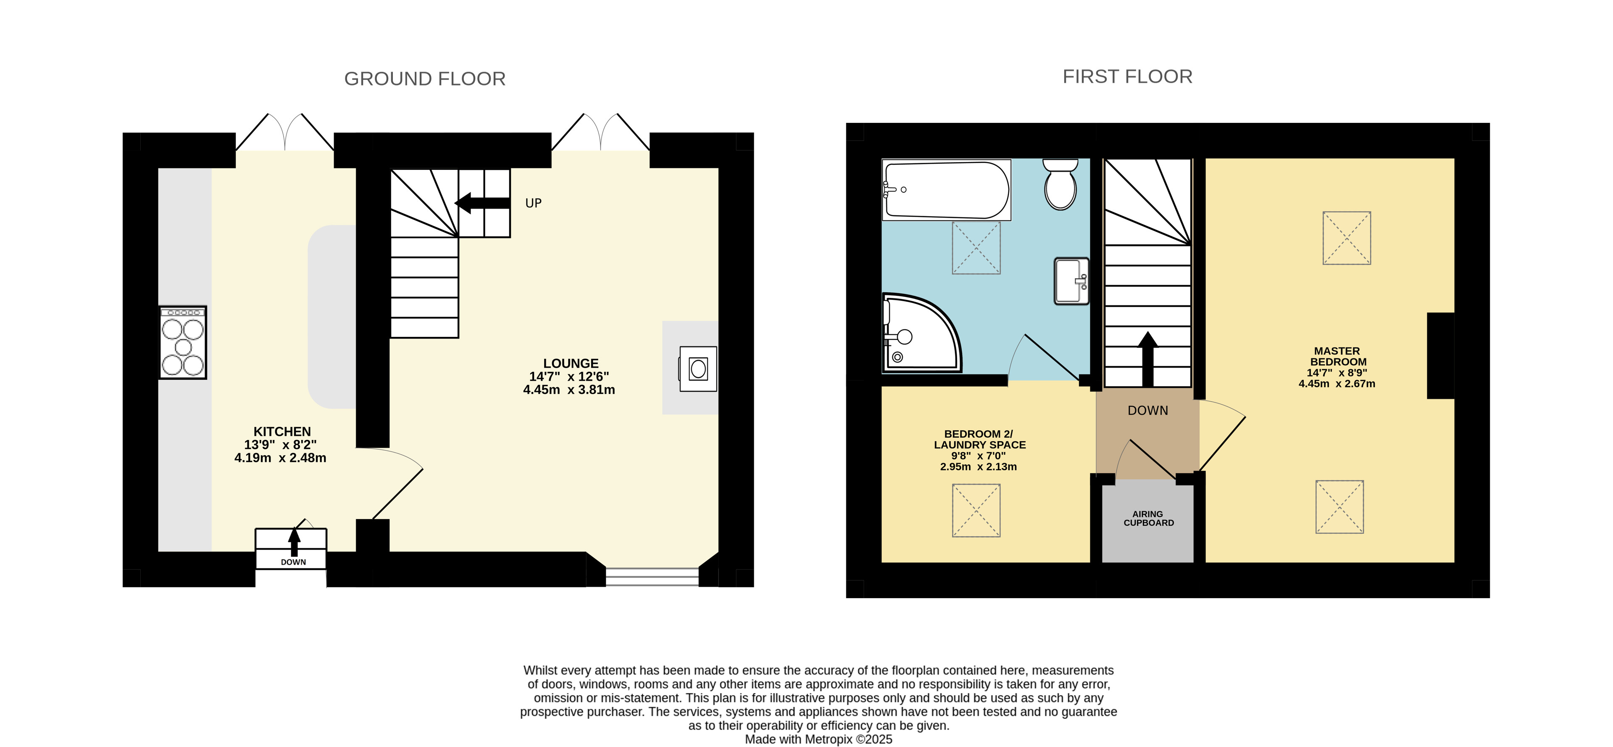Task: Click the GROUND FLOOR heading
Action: click(424, 79)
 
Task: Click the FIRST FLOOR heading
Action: click(1127, 77)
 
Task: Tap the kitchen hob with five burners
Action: click(183, 342)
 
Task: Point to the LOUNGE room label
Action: click(571, 363)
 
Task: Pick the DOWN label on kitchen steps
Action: click(293, 562)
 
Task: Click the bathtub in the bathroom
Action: click(946, 190)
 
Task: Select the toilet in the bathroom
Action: click(1060, 184)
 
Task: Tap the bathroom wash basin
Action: click(1071, 281)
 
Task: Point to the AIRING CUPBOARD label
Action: click(1148, 518)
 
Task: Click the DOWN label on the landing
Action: click(1148, 411)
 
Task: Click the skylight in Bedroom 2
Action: click(976, 510)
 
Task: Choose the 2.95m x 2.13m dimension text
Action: click(978, 466)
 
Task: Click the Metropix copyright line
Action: click(818, 739)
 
